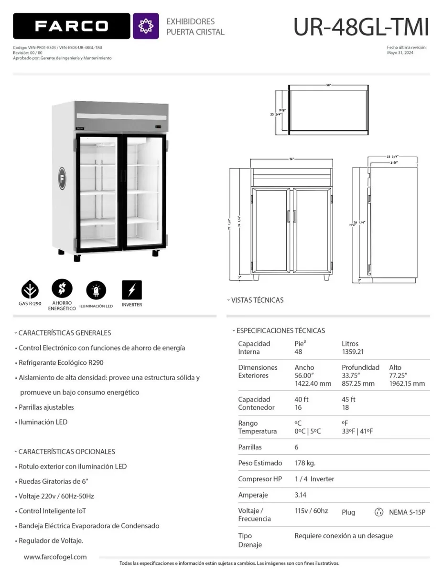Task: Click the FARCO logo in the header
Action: [71, 26]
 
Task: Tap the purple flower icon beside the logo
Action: [146, 26]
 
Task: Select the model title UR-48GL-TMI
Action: [361, 27]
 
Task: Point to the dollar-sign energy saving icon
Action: [62, 288]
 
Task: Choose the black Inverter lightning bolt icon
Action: [131, 289]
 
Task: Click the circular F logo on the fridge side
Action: [63, 178]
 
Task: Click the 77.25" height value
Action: [399, 375]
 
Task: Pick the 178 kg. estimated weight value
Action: [305, 463]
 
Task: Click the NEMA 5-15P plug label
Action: [407, 512]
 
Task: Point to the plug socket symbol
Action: [378, 512]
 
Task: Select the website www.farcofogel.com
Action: [55, 557]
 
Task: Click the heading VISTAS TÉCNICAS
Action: [257, 300]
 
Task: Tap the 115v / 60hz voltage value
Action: [311, 511]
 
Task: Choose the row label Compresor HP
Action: [260, 479]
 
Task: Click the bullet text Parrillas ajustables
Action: [46, 407]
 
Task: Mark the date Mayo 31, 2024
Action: [400, 53]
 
